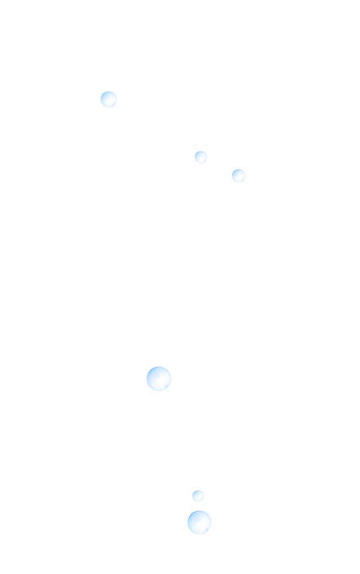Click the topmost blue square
[x=109, y=100]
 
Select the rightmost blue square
[x=238, y=176]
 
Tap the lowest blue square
[x=200, y=522]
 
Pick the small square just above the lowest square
[x=198, y=496]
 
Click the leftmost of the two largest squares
[x=159, y=379]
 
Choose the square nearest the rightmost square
[x=201, y=157]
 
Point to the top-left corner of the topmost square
[x=100, y=91]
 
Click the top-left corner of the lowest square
[x=187, y=510]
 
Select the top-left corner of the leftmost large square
[x=146, y=366]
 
